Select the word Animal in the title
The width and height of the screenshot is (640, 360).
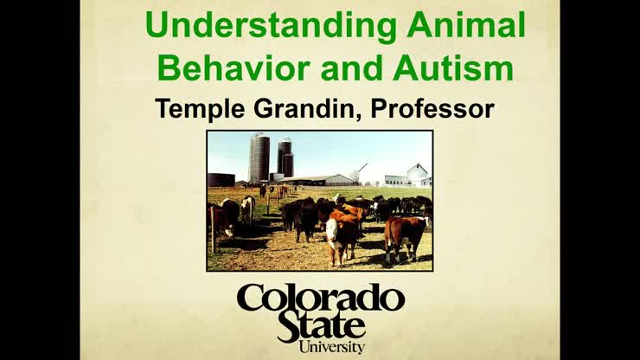[468, 27]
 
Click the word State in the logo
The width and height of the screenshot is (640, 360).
[320, 327]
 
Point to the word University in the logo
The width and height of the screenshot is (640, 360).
[331, 347]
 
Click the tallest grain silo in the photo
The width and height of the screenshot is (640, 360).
[259, 157]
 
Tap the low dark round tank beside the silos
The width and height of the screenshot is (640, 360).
[221, 179]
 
